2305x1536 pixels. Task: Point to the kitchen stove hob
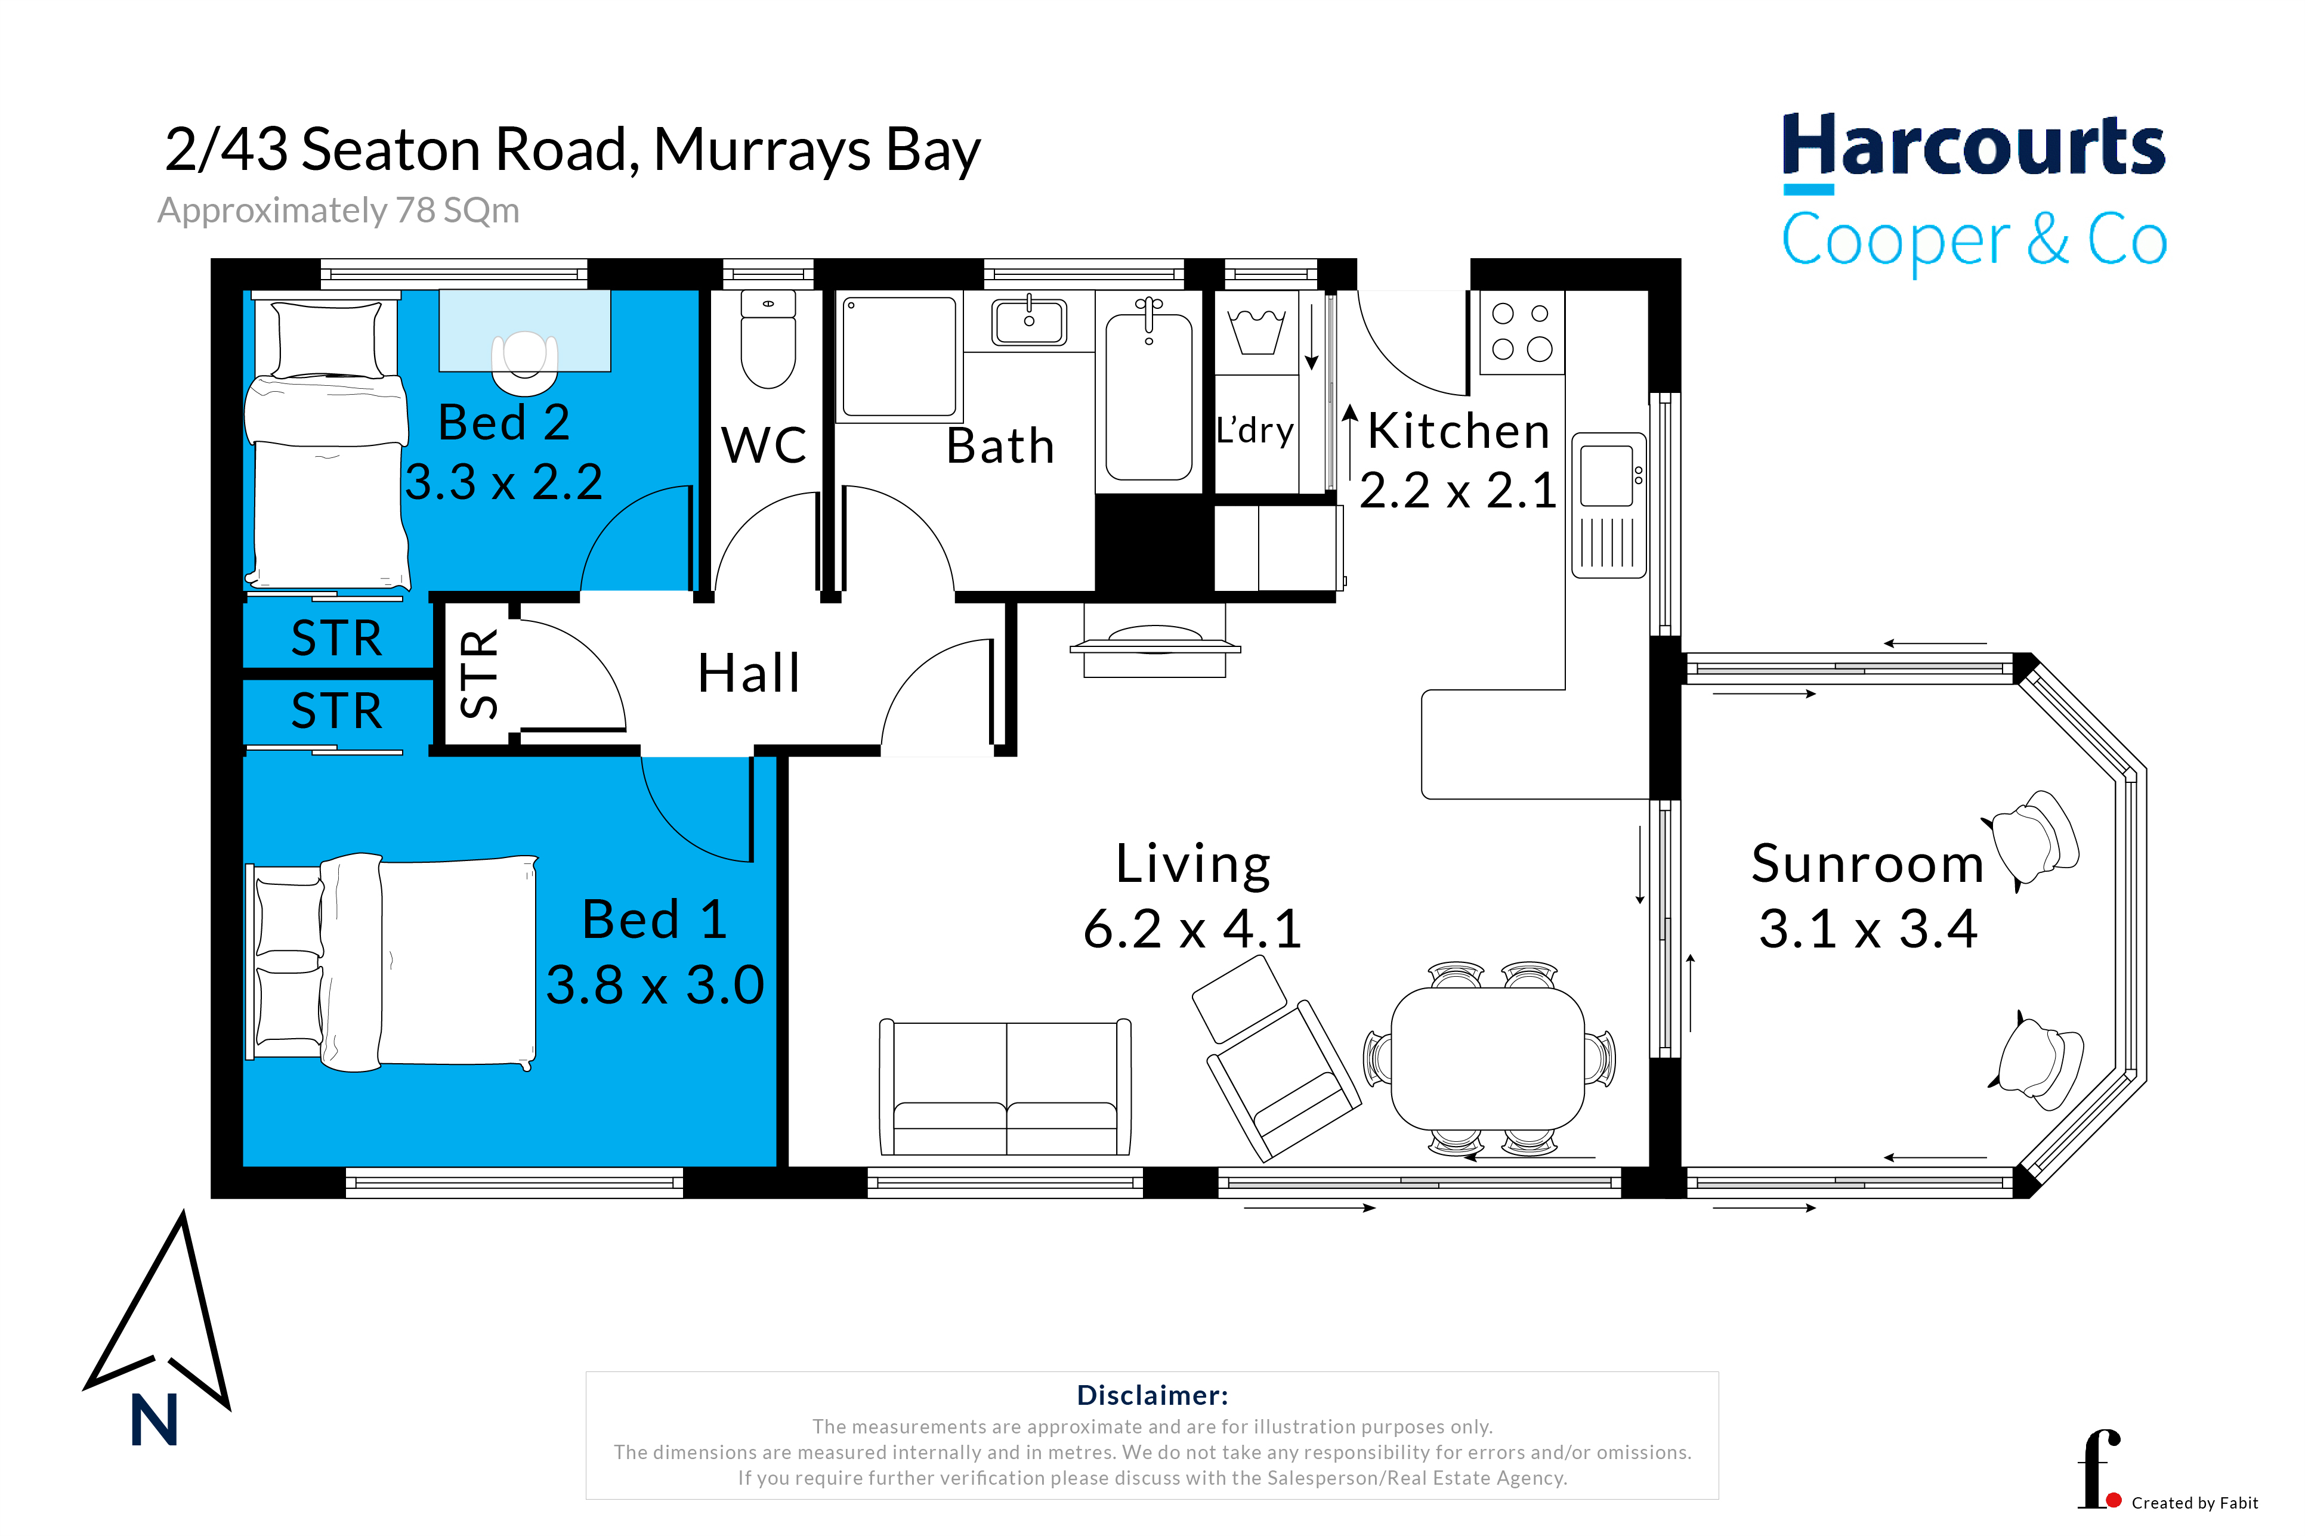1521,332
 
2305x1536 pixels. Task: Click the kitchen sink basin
1606,476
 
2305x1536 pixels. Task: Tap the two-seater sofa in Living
1006,1088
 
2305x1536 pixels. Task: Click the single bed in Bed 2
326,442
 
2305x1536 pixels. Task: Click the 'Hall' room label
749,673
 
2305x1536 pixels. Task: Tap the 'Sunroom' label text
1867,863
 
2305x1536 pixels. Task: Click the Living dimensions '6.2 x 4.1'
1192,928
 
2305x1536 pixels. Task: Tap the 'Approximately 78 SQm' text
338,210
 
